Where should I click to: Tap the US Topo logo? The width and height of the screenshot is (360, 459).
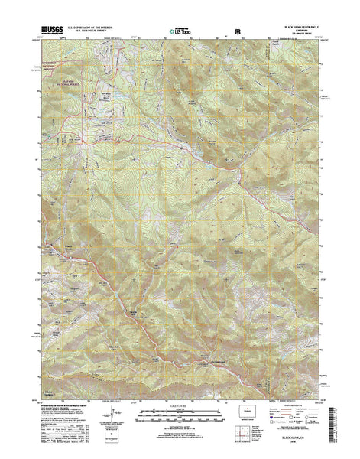(x=180, y=33)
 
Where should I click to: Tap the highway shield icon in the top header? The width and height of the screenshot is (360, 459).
(x=238, y=33)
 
